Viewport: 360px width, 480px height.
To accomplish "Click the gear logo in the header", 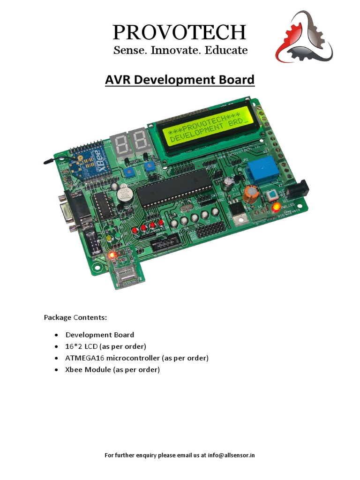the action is (304, 37).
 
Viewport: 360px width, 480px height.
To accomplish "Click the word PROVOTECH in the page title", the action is (180, 32).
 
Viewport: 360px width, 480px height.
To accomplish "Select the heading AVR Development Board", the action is (180, 80).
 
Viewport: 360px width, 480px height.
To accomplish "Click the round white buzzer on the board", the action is (125, 193).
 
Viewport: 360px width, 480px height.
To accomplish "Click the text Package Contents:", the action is (75, 317).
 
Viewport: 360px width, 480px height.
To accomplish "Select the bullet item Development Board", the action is (100, 335).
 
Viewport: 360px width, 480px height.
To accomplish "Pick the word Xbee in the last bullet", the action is (74, 370).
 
